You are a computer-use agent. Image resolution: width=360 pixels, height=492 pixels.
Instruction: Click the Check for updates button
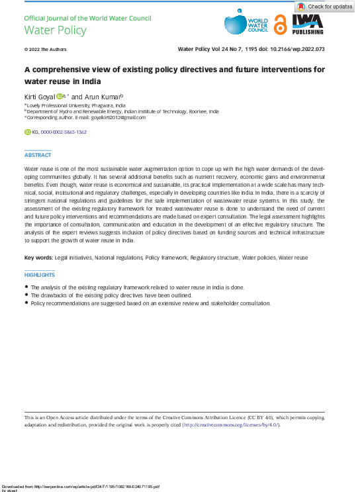[324, 6]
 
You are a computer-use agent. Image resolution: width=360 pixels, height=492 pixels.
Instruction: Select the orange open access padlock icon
[281, 25]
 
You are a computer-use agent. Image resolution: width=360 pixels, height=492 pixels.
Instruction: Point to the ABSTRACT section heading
[38, 154]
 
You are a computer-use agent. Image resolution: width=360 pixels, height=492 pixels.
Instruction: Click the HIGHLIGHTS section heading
[40, 275]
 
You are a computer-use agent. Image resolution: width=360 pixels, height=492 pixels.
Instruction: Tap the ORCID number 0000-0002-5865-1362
[64, 132]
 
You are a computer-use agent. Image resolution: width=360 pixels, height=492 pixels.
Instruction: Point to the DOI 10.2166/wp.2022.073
[296, 49]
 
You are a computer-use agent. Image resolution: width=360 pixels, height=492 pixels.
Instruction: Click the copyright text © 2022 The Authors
[45, 49]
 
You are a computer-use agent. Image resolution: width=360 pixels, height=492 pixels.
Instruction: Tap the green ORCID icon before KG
[27, 132]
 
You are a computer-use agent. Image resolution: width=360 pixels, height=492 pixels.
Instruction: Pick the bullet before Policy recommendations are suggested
[26, 303]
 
